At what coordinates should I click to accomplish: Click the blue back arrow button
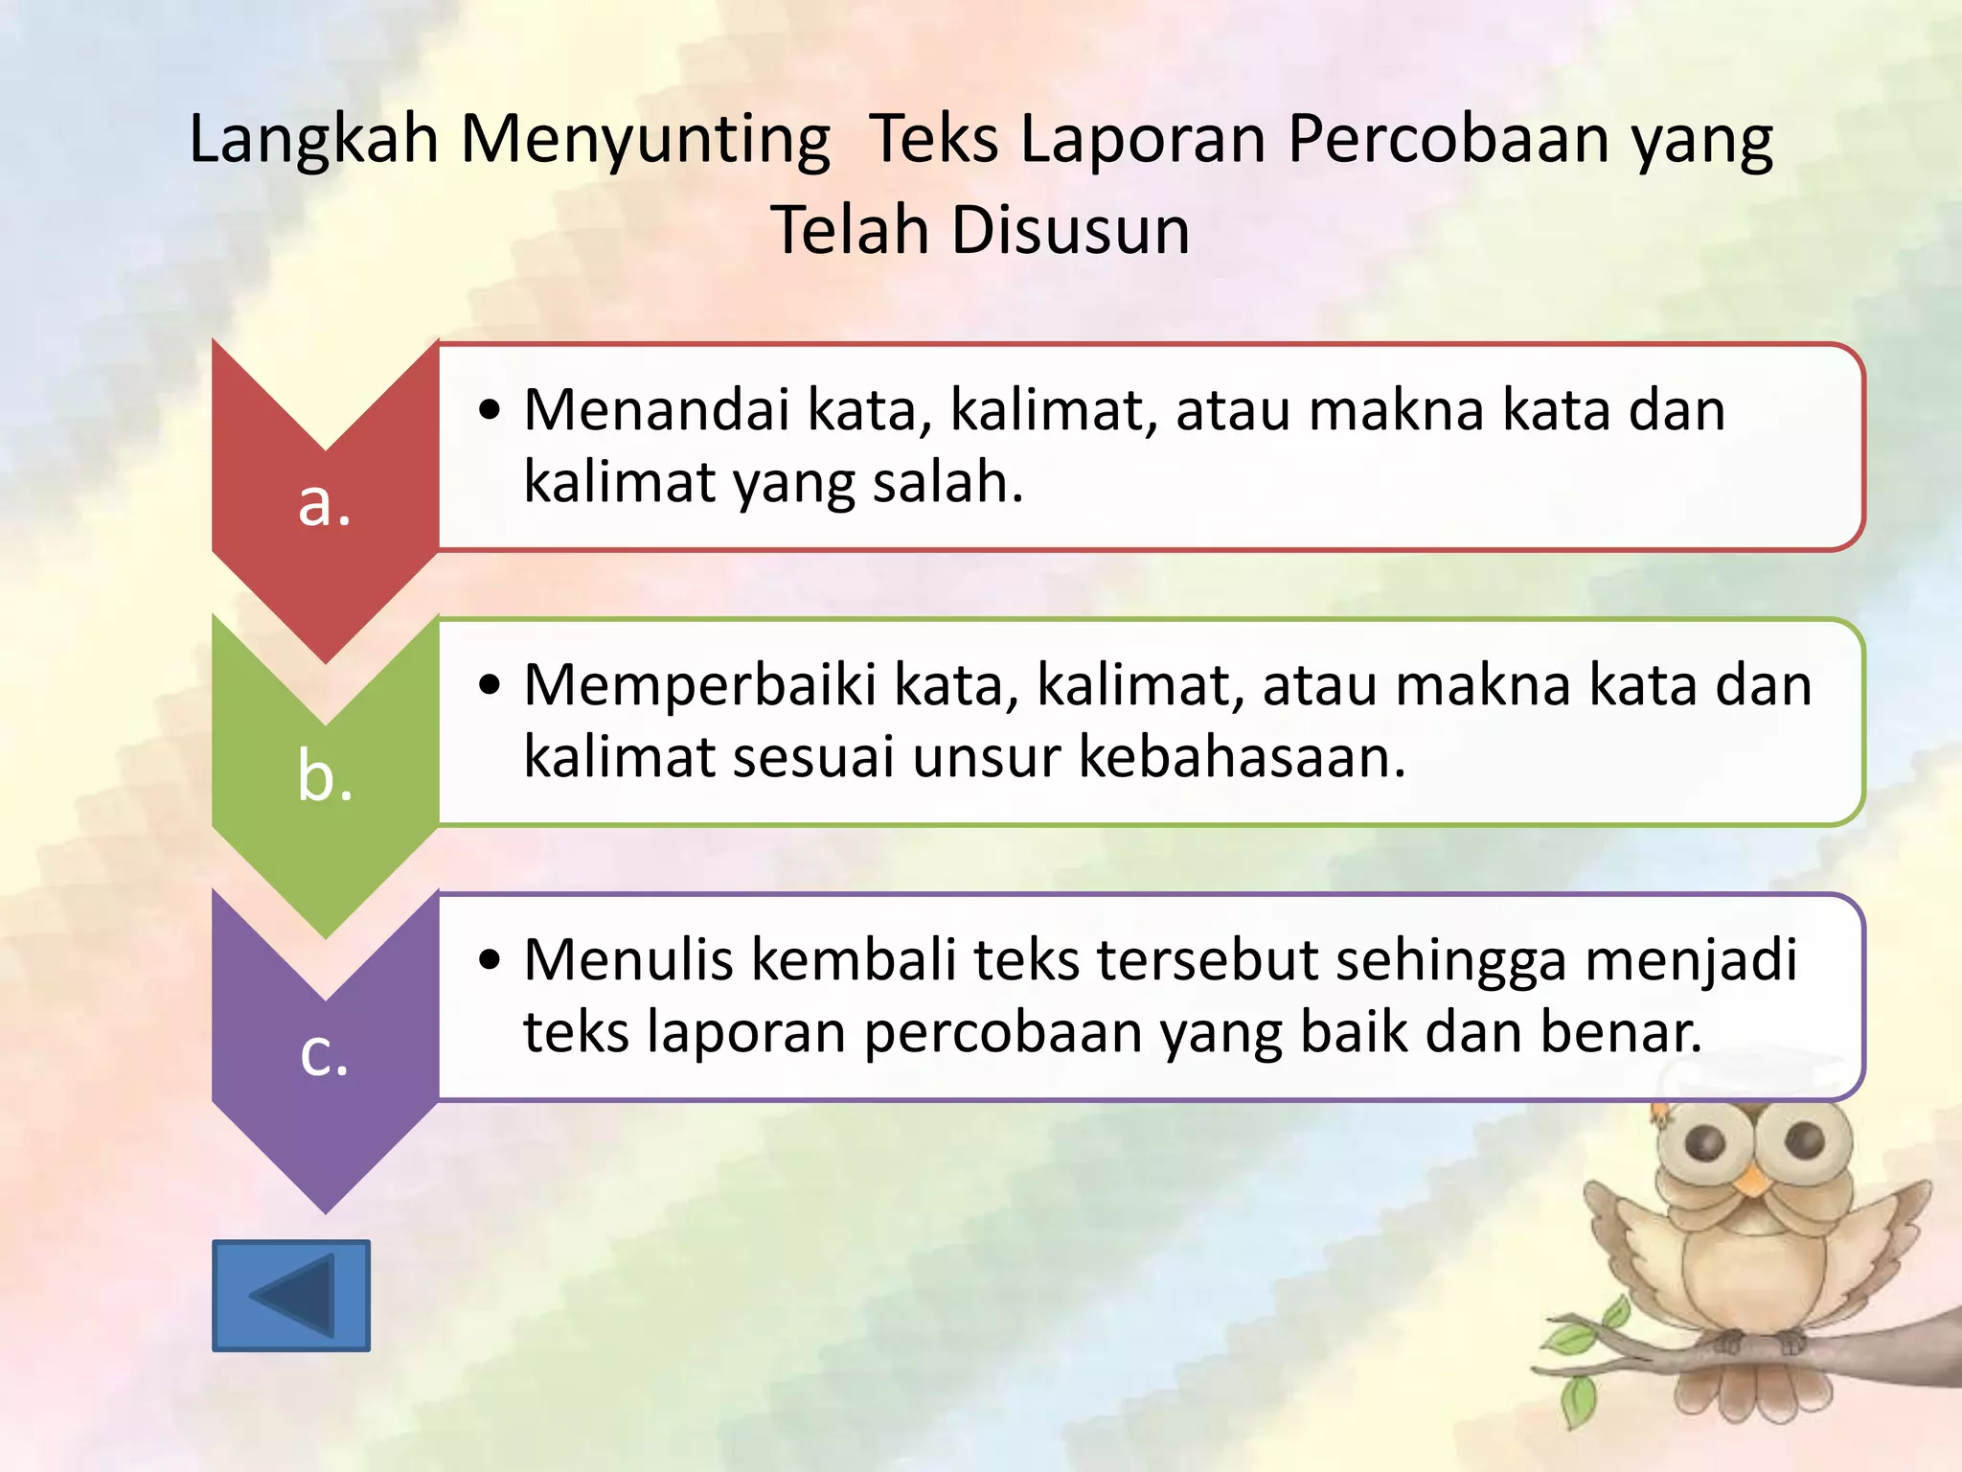(290, 1296)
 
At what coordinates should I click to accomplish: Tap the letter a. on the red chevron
(325, 502)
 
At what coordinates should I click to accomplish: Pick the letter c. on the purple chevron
(325, 1052)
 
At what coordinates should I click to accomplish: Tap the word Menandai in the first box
(658, 410)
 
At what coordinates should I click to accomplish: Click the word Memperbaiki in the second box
(700, 685)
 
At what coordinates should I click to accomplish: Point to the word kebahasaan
(1242, 757)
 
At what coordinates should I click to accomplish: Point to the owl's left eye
(1706, 1141)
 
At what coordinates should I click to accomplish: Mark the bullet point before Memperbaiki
(490, 685)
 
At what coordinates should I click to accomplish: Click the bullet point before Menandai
(490, 410)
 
